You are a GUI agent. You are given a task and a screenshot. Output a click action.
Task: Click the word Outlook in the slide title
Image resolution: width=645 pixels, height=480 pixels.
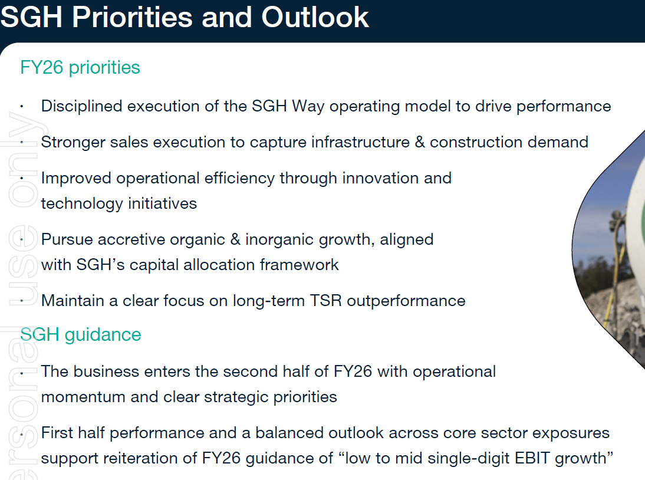(315, 17)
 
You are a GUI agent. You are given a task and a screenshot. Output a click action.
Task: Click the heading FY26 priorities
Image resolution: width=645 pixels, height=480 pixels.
(80, 68)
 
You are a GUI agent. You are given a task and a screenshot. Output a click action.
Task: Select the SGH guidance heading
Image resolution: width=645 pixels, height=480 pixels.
(81, 335)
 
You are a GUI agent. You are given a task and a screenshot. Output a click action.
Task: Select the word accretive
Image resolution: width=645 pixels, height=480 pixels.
(131, 239)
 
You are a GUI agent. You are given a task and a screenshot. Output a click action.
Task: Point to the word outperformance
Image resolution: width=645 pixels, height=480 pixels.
(406, 301)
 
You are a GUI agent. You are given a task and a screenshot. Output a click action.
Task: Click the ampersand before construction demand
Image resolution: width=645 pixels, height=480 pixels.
(420, 142)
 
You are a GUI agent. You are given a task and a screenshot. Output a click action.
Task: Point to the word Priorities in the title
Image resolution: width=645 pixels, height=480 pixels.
(133, 17)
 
